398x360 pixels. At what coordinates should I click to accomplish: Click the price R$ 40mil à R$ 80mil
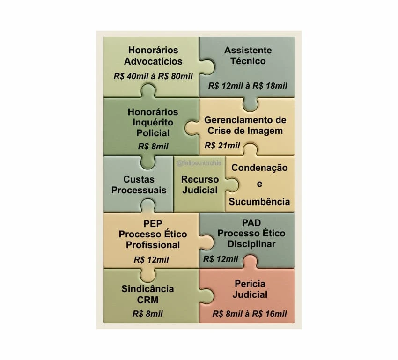pyautogui.click(x=154, y=76)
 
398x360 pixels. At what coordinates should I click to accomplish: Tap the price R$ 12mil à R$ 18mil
pyautogui.click(x=248, y=86)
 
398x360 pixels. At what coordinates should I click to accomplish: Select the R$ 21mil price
pyautogui.click(x=222, y=146)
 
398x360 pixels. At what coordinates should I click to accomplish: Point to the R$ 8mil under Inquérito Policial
pyautogui.click(x=153, y=147)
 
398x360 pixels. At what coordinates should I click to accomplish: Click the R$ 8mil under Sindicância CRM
pyautogui.click(x=148, y=314)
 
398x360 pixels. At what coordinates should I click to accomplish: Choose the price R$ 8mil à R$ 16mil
pyautogui.click(x=250, y=314)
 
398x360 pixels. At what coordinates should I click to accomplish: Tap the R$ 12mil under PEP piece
pyautogui.click(x=151, y=260)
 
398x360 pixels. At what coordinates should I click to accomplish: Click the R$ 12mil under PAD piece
pyautogui.click(x=221, y=259)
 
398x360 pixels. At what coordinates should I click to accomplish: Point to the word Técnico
pyautogui.click(x=248, y=61)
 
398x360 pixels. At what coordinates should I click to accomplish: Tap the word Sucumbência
pyautogui.click(x=259, y=202)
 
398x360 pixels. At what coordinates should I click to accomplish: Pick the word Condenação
pyautogui.click(x=259, y=168)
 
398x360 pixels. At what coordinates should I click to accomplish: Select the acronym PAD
pyautogui.click(x=251, y=223)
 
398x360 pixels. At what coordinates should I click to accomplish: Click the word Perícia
pyautogui.click(x=250, y=284)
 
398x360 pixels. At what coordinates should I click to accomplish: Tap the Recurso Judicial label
pyautogui.click(x=200, y=185)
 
